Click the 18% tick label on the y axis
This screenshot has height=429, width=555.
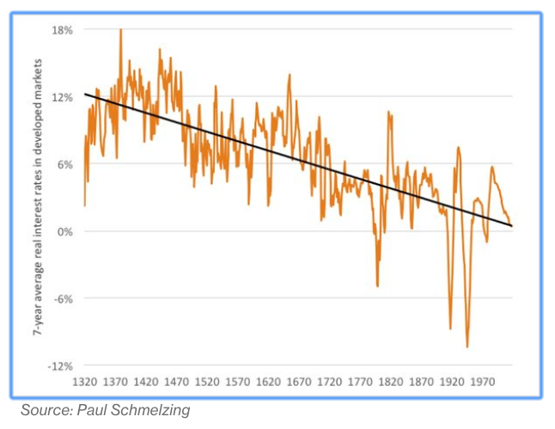point(63,30)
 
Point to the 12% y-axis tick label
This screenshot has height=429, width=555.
point(63,97)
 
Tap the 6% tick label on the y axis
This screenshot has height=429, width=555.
point(65,164)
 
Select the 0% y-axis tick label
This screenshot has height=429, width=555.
point(65,231)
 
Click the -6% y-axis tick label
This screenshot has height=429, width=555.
point(64,298)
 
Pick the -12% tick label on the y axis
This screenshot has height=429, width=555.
point(61,366)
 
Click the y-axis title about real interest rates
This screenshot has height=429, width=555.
point(40,198)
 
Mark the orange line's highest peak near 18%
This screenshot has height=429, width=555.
point(120,30)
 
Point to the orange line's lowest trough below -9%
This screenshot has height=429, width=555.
point(467,346)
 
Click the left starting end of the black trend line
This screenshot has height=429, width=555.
point(85,93)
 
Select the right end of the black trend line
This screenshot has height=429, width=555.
point(512,226)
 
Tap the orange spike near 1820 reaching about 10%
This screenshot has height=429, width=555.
point(389,113)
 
